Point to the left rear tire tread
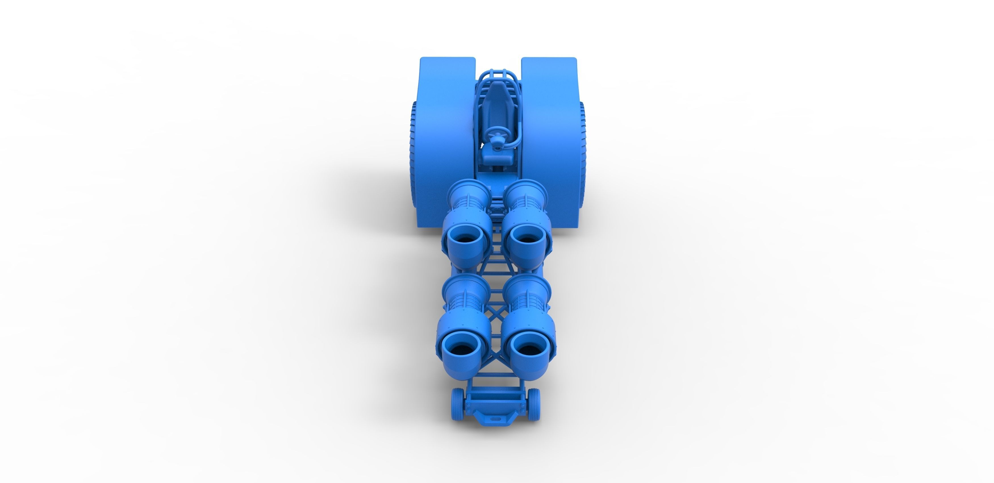[x=413, y=154]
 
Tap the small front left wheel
[x=457, y=403]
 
